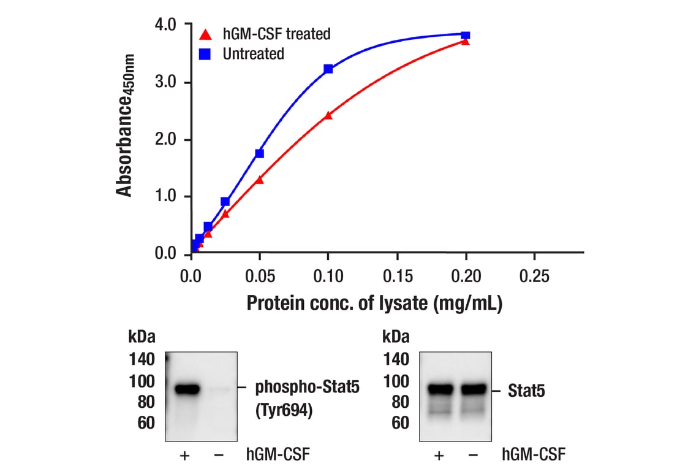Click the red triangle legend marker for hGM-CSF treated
click(206, 33)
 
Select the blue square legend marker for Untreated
click(206, 54)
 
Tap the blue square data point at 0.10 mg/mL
click(328, 69)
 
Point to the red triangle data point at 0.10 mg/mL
click(328, 115)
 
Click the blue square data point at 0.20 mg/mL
click(466, 36)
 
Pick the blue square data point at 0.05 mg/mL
click(259, 153)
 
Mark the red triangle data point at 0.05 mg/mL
click(259, 180)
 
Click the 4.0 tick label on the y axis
click(165, 25)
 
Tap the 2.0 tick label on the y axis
click(165, 140)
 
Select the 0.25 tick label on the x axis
click(534, 276)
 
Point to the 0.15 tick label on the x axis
click(397, 276)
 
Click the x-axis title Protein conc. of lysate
click(374, 304)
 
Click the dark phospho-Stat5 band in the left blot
click(187, 388)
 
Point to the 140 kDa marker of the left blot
click(142, 359)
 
